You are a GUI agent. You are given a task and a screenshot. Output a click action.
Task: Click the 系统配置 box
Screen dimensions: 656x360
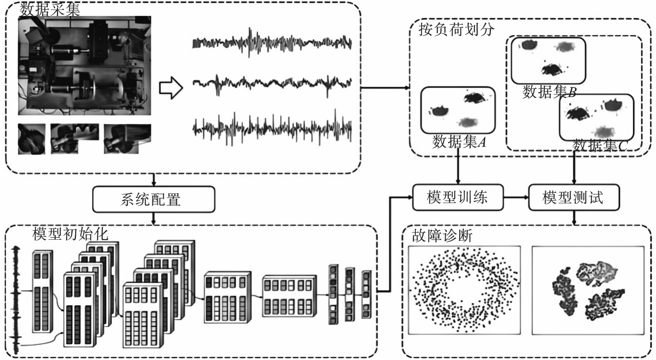(x=154, y=199)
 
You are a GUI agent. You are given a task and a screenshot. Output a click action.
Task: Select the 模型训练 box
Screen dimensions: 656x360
(x=458, y=197)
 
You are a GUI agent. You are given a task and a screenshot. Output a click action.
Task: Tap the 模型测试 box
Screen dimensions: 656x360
(x=574, y=197)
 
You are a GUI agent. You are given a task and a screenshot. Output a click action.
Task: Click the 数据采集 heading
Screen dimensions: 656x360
(x=50, y=9)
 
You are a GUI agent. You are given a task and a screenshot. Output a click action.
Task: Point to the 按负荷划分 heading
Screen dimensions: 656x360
(x=457, y=29)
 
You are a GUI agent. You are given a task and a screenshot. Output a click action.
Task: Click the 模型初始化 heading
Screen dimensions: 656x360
(x=70, y=234)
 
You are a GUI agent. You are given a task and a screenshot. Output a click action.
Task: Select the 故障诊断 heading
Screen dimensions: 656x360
(x=442, y=236)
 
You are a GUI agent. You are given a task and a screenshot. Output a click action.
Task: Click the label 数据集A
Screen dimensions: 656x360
(x=459, y=142)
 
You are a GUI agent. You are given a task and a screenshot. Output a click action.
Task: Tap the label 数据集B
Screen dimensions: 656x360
(x=549, y=92)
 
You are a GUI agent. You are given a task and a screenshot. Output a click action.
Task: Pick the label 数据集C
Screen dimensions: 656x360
(x=600, y=146)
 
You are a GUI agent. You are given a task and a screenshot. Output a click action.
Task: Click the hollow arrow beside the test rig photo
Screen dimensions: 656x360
(x=171, y=88)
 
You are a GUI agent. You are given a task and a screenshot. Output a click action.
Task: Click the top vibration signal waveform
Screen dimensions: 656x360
(x=272, y=43)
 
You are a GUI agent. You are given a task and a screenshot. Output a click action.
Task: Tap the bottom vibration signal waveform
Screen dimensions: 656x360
(x=272, y=128)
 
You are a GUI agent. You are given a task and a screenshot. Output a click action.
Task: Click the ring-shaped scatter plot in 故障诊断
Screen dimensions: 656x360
(x=465, y=290)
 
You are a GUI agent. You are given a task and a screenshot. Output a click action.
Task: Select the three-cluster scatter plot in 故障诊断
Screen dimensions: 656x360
(x=588, y=290)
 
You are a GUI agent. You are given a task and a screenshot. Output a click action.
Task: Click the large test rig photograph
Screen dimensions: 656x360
(x=85, y=66)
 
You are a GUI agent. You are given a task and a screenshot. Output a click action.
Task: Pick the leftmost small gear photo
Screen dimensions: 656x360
(x=32, y=139)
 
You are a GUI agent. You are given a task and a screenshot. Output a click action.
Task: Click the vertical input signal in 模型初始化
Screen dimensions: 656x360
(x=16, y=300)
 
